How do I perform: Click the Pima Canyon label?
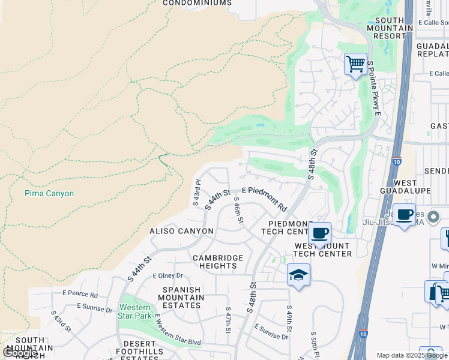pyautogui.click(x=49, y=194)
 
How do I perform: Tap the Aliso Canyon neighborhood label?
pyautogui.click(x=181, y=231)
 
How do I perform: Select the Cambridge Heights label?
pyautogui.click(x=218, y=262)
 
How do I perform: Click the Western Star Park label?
pyautogui.click(x=134, y=312)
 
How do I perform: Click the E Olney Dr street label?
pyautogui.click(x=167, y=276)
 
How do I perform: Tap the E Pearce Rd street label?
pyautogui.click(x=80, y=295)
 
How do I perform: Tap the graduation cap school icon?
pyautogui.click(x=298, y=275)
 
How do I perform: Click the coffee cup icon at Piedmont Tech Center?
pyautogui.click(x=319, y=233)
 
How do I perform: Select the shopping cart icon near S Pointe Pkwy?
pyautogui.click(x=355, y=63)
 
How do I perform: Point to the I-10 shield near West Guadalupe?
pyautogui.click(x=397, y=161)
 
